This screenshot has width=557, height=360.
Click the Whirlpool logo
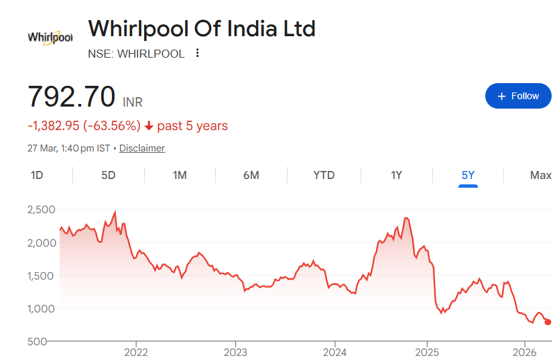[50, 38]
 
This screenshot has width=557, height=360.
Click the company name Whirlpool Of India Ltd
[202, 28]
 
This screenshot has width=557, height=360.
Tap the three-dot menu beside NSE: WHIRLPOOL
[197, 54]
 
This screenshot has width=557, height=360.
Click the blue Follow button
[517, 96]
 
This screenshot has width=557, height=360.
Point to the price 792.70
[71, 97]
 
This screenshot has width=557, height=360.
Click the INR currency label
[133, 102]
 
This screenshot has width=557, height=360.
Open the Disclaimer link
[141, 148]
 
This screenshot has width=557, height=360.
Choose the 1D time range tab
[37, 175]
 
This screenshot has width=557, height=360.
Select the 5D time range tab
[108, 175]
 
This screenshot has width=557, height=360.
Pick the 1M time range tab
[180, 175]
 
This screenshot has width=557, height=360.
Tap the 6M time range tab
[251, 175]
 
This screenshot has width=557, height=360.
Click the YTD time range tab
[324, 175]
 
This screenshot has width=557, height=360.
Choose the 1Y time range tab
[396, 175]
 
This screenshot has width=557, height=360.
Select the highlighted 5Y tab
[468, 175]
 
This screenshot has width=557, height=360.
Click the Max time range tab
[540, 175]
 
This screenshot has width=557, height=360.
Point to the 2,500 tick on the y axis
[41, 210]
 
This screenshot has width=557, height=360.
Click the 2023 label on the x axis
[235, 352]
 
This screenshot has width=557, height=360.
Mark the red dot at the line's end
[548, 322]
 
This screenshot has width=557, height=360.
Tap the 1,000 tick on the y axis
[41, 308]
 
